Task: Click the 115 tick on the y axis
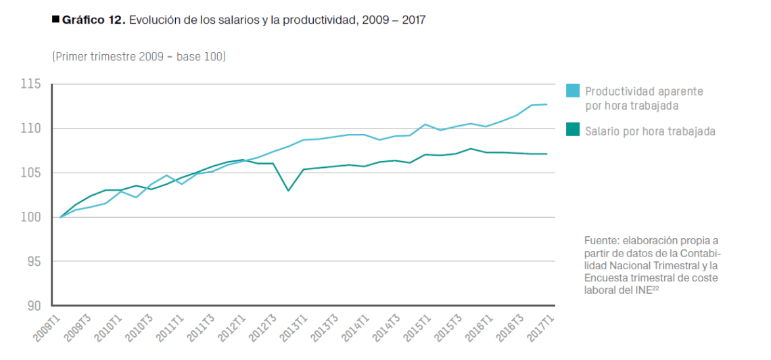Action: (x=32, y=85)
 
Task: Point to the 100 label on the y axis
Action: (x=32, y=217)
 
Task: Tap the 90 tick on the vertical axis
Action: (x=34, y=306)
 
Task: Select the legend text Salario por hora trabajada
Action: (x=650, y=131)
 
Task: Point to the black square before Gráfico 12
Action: (x=55, y=20)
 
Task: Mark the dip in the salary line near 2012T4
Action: (x=289, y=190)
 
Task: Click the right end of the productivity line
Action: (x=546, y=104)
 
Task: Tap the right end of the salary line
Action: (x=546, y=154)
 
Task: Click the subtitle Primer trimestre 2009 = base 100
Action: (x=139, y=57)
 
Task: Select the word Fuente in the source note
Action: (x=601, y=241)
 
